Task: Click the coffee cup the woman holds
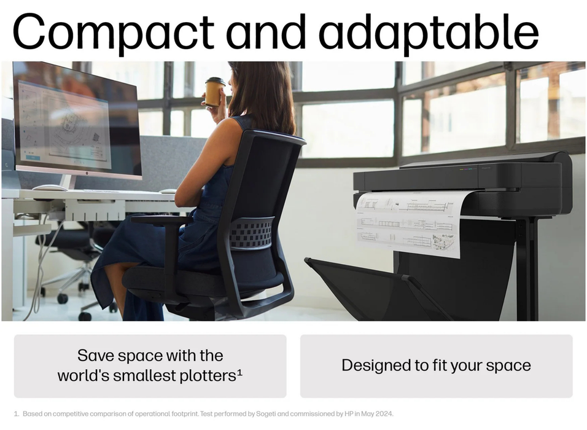pyautogui.click(x=214, y=92)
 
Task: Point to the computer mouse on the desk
pyautogui.click(x=50, y=187)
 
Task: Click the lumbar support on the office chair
pyautogui.click(x=251, y=232)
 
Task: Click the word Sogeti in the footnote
pyautogui.click(x=266, y=414)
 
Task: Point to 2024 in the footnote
pyautogui.click(x=384, y=414)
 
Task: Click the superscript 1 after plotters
pyautogui.click(x=239, y=373)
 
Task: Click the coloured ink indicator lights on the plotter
pyautogui.click(x=468, y=169)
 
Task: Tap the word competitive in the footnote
pyautogui.click(x=70, y=414)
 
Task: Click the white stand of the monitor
pyautogui.click(x=68, y=182)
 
